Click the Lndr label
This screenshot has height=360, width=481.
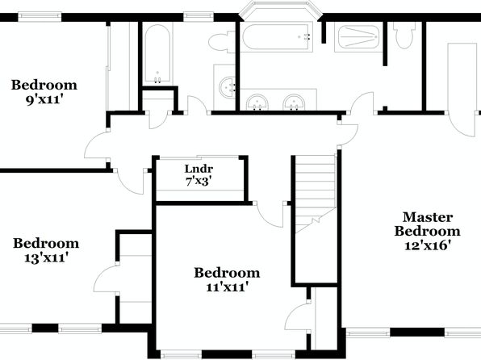pos(199,169)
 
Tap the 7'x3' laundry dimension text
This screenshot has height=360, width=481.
pos(199,182)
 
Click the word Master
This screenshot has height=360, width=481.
pos(428,217)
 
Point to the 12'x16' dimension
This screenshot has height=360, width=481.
pos(428,245)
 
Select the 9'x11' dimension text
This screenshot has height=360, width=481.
pos(44,99)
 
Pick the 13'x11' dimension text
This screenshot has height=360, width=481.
pos(46,257)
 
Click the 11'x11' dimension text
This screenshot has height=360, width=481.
pos(227,287)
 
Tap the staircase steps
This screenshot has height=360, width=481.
pos(316,194)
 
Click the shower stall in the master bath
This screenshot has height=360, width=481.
pos(358,37)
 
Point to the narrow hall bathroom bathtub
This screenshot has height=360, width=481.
pos(157,54)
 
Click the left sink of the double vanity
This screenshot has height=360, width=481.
pos(257,102)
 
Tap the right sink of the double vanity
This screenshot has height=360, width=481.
pos(295,102)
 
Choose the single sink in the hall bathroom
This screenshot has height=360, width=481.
pos(228,87)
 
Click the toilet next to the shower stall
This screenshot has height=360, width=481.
pos(404,36)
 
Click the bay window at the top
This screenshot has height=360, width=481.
pos(280,9)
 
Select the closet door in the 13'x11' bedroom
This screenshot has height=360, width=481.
pos(104,278)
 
